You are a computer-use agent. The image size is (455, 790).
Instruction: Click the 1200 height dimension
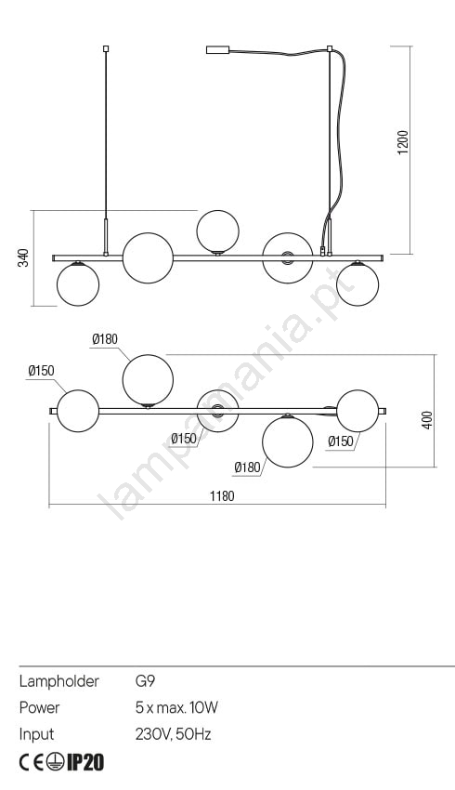click(403, 142)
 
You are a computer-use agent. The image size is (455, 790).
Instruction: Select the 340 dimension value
click(23, 257)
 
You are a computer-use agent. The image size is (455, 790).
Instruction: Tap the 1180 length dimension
click(222, 496)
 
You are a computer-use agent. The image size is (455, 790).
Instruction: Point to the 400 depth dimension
click(427, 420)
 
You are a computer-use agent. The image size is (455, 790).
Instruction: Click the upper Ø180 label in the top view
click(105, 339)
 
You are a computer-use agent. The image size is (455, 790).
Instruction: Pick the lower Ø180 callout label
click(247, 467)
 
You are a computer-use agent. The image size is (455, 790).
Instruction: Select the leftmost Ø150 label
click(41, 371)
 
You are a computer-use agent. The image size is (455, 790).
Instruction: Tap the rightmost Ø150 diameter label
click(341, 441)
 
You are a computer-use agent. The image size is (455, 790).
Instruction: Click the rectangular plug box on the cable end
click(218, 50)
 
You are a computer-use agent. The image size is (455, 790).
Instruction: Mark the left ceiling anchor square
click(106, 49)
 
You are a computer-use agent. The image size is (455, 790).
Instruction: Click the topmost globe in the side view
click(217, 231)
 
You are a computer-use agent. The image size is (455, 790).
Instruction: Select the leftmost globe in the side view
click(78, 284)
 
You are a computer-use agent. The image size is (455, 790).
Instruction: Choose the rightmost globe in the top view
click(357, 411)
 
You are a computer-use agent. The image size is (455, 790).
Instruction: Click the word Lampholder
click(58, 681)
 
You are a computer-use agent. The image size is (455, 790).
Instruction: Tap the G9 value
click(145, 681)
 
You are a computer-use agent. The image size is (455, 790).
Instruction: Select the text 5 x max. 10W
click(176, 707)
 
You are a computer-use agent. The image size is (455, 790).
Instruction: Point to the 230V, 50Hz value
click(173, 734)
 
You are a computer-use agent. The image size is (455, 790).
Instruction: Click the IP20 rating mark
click(85, 763)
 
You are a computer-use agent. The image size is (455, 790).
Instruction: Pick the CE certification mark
click(32, 763)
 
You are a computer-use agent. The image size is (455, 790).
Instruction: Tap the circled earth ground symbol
click(56, 763)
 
